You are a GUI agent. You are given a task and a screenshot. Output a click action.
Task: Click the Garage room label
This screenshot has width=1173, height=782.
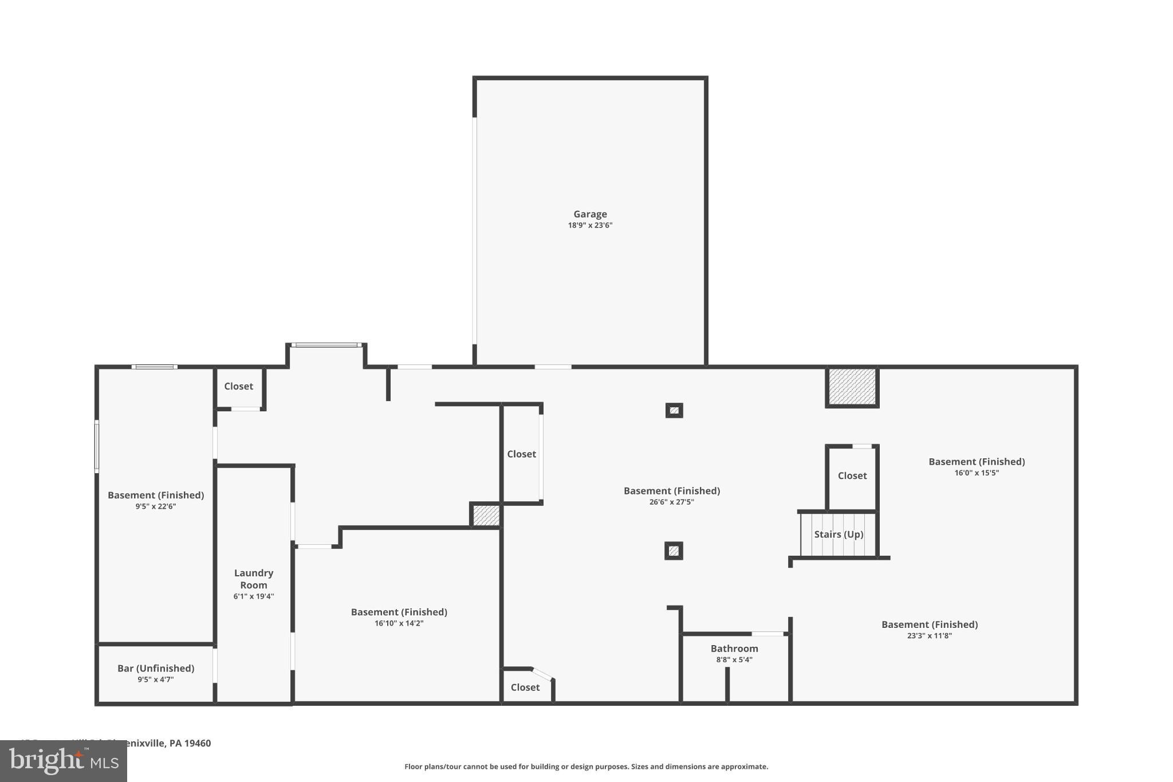point(590,214)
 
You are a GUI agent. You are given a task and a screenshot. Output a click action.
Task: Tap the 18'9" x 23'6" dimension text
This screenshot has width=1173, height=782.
point(590,226)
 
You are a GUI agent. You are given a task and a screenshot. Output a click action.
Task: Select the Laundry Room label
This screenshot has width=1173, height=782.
point(254,579)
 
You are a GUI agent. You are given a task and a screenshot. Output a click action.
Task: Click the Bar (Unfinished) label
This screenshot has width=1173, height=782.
point(156,668)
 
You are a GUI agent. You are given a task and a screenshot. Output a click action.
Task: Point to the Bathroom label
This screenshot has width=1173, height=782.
point(734,649)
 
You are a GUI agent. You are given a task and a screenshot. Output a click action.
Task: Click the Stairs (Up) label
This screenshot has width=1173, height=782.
point(839,534)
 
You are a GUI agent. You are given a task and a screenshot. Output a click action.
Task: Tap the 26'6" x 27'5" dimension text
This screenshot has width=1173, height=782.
point(672,502)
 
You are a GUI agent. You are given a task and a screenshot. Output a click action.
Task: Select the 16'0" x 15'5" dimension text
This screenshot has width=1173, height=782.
point(977,473)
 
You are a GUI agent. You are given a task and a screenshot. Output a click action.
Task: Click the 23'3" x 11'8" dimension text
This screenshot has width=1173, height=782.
point(929,636)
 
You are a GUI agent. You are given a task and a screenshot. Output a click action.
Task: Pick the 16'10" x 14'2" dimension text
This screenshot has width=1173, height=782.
point(399,623)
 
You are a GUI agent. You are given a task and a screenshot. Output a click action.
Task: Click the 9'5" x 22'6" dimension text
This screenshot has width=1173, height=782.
point(156,506)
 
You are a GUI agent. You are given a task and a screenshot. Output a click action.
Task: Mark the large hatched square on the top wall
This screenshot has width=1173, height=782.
point(852,386)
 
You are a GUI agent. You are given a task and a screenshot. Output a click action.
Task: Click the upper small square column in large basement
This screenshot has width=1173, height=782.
point(674,410)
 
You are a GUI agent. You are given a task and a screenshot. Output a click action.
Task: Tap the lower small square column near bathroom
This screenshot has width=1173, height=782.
point(674,551)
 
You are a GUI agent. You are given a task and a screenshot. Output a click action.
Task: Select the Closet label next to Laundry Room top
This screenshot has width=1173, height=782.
point(238,386)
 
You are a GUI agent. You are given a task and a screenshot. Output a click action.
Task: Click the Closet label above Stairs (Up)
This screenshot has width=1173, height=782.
point(852,476)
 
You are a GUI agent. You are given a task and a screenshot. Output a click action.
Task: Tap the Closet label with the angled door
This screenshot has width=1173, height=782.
point(525,687)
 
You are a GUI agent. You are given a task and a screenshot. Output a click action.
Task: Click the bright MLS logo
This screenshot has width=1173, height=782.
point(63,761)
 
